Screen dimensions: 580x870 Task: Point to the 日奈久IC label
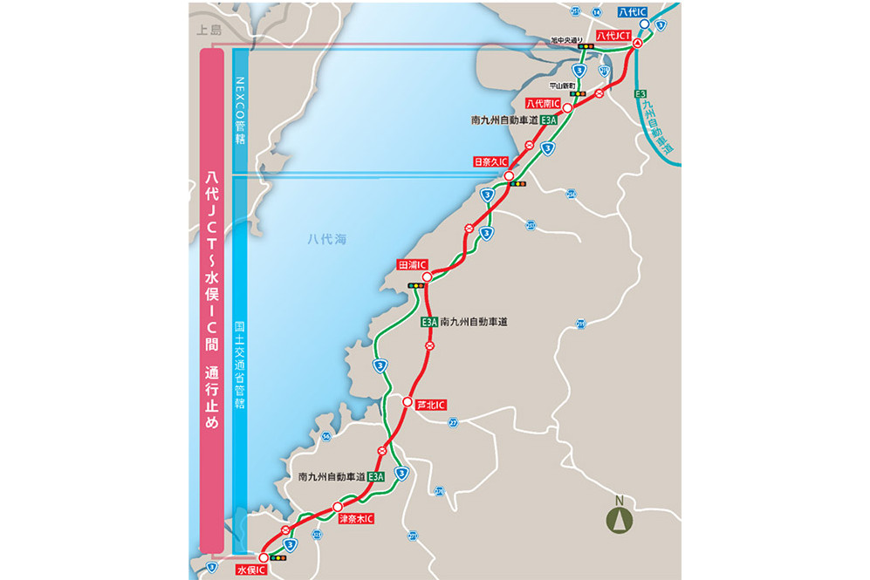tap(490, 161)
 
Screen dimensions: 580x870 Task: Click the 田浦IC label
tap(411, 264)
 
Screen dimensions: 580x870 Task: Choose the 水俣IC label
tap(250, 569)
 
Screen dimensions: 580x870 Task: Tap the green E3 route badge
tap(641, 93)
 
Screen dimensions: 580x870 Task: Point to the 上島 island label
tap(210, 30)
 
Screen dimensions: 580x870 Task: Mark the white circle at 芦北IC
tap(408, 402)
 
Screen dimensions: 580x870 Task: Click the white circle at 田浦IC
tap(428, 277)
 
